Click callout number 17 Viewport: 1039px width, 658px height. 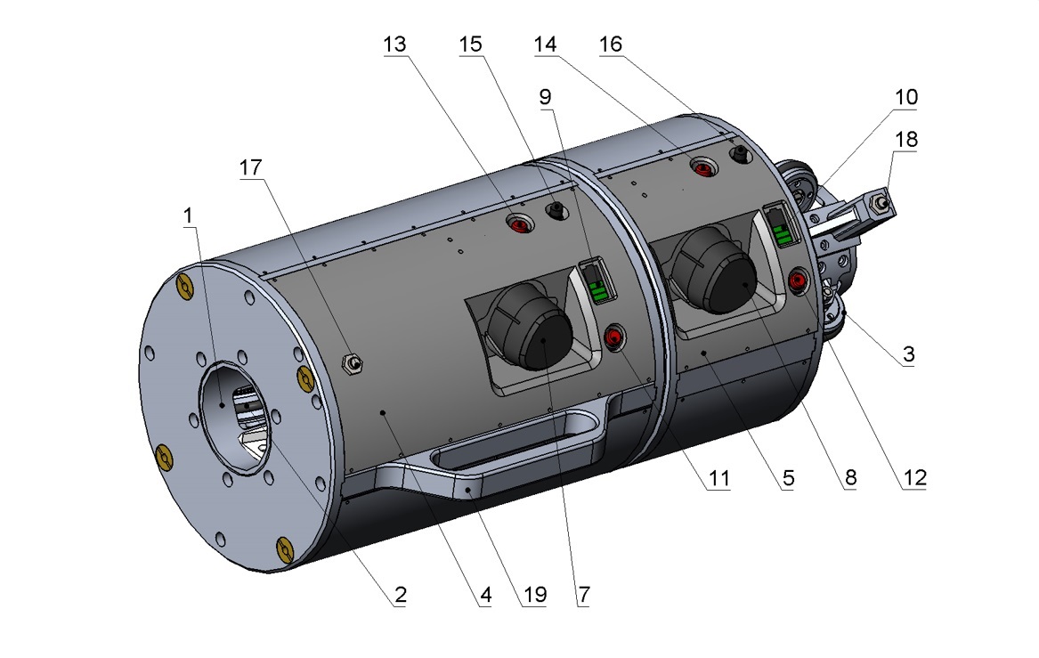pos(250,167)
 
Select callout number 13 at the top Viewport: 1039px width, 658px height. pos(394,45)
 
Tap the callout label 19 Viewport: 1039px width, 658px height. pos(535,595)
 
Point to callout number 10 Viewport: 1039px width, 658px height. pos(905,97)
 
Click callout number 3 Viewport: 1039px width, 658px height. pos(908,354)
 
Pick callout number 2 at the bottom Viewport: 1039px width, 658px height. pos(401,595)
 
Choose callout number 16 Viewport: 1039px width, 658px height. pos(610,45)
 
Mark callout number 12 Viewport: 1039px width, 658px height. pos(915,477)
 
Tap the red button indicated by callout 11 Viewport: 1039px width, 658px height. pos(615,337)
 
